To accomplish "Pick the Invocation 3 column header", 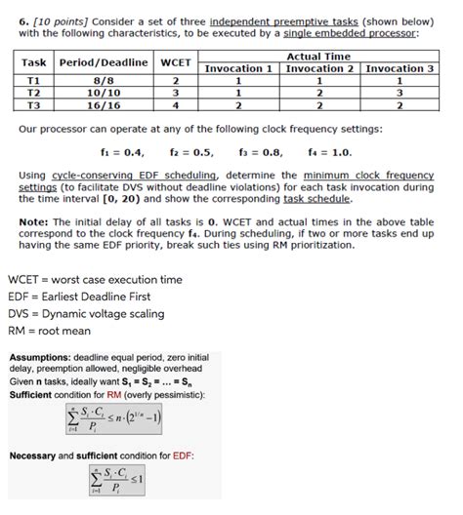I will pos(400,69).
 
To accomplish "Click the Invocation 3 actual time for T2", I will pos(400,94).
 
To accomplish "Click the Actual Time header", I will pos(318,58).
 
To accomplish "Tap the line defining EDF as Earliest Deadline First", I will pos(80,296).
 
